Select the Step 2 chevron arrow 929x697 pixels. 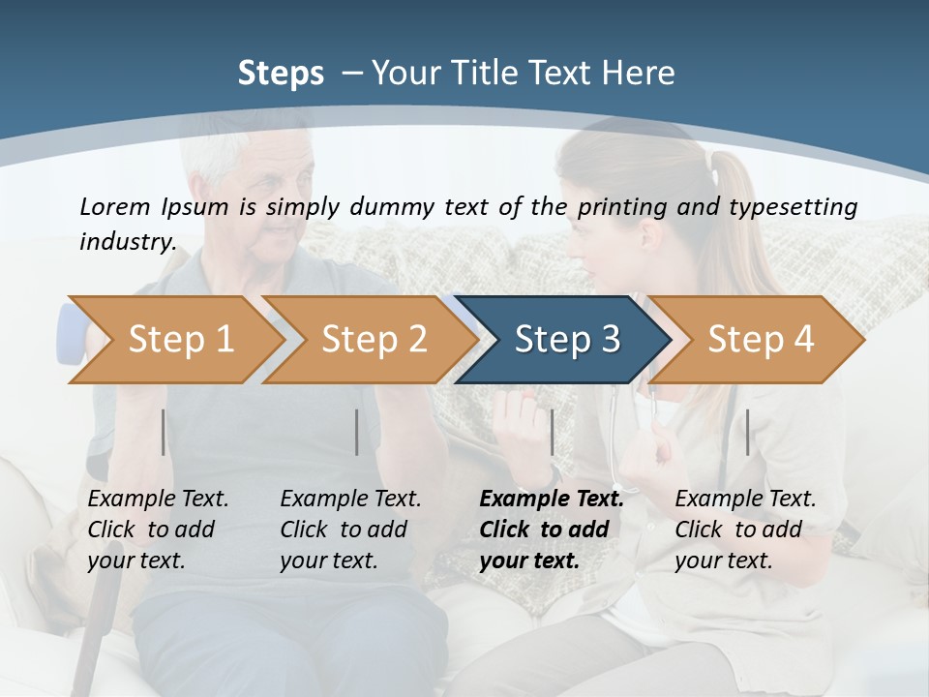(374, 340)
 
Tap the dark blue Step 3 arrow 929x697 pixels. (567, 340)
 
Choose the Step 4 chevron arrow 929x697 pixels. (761, 340)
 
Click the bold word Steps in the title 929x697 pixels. (281, 74)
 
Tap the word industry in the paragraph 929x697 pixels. (127, 242)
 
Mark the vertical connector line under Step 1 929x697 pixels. (164, 432)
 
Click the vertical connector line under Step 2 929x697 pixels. (357, 432)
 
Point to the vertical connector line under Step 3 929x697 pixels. (552, 432)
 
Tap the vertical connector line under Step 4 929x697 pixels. (747, 432)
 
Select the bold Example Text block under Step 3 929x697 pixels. (551, 530)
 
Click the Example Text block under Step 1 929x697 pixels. (158, 530)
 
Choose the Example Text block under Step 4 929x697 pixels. (745, 530)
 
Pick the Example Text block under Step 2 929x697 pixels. (350, 530)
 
